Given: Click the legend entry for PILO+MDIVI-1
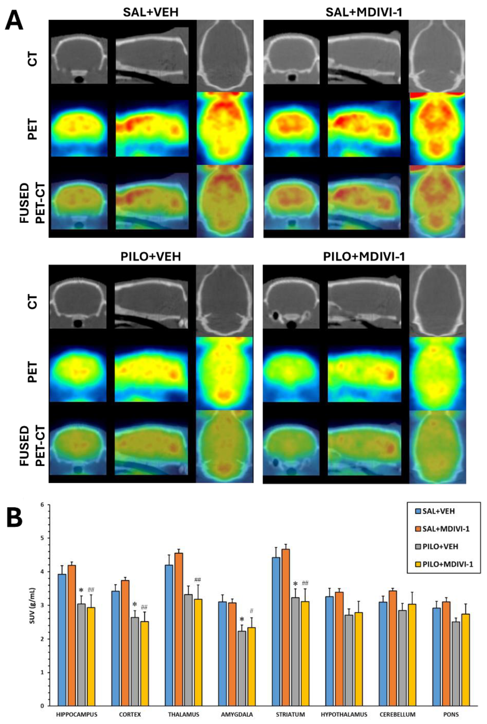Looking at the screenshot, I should tap(444, 564).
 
